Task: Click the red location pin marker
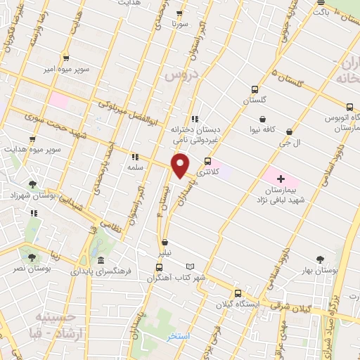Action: (181, 167)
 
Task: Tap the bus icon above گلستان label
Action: (255, 89)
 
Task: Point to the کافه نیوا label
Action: (271, 130)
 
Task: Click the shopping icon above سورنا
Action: (179, 13)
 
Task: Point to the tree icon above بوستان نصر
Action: (31, 257)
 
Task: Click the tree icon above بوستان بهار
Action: (321, 259)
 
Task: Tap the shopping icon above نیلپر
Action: (165, 242)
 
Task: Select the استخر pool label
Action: (179, 337)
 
